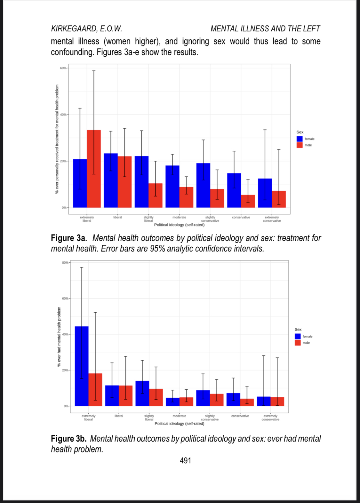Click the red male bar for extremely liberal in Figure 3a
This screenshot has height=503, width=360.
(94, 169)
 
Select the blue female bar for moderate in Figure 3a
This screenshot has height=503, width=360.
(172, 186)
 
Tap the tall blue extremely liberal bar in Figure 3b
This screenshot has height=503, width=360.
(82, 366)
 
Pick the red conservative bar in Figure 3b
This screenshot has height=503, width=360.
(247, 402)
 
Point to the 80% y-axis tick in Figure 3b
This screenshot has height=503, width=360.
(65, 262)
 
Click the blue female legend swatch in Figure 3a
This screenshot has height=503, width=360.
(300, 139)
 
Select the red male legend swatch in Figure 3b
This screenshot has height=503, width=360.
(298, 343)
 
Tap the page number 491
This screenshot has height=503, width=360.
(185, 460)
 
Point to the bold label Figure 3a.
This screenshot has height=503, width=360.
(69, 238)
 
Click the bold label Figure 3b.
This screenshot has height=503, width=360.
(69, 439)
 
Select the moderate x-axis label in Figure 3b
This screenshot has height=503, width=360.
(179, 416)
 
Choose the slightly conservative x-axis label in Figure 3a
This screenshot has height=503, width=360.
(210, 219)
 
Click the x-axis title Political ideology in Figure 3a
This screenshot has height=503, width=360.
(179, 225)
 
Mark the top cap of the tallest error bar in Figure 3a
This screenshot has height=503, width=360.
(94, 71)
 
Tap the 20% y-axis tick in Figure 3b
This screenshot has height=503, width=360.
(65, 370)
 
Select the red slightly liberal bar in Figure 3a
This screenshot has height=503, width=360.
(156, 196)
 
